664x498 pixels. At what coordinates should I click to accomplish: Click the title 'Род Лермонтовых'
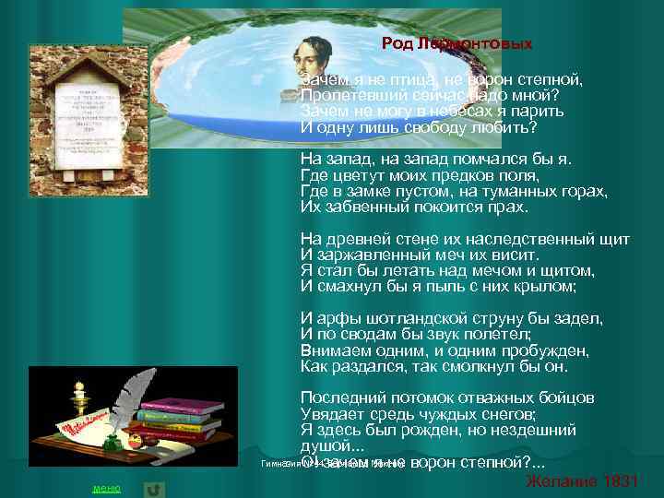pyautogui.click(x=457, y=43)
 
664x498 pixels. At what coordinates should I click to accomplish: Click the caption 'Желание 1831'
pyautogui.click(x=581, y=482)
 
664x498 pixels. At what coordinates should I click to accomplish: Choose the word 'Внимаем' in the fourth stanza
pyautogui.click(x=333, y=350)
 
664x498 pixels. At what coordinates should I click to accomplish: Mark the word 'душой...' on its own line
pyautogui.click(x=326, y=445)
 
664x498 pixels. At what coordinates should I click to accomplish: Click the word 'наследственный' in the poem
pyautogui.click(x=540, y=239)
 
